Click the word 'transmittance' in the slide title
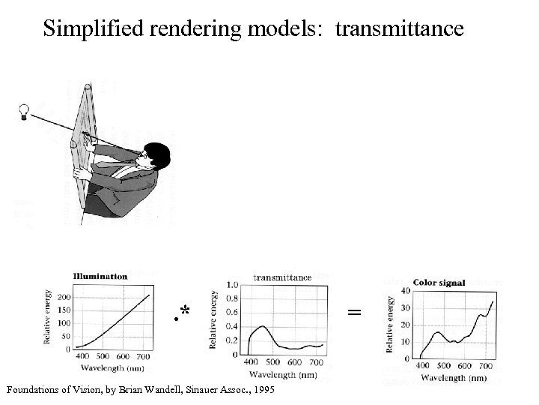pos(400,28)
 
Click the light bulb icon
pos(25,112)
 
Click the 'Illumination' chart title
pos(100,276)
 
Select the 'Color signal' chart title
pos(439,283)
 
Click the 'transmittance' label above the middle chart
pos(283,277)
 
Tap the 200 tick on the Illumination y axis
pos(64,298)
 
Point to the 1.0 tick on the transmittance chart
pos(232,285)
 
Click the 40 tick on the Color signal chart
pos(406,292)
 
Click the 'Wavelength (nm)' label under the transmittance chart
pos(282,374)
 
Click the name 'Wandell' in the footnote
pos(194,391)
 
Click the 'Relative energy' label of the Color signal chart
pos(391,324)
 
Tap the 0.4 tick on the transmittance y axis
pos(232,326)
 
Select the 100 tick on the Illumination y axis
pos(64,323)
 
